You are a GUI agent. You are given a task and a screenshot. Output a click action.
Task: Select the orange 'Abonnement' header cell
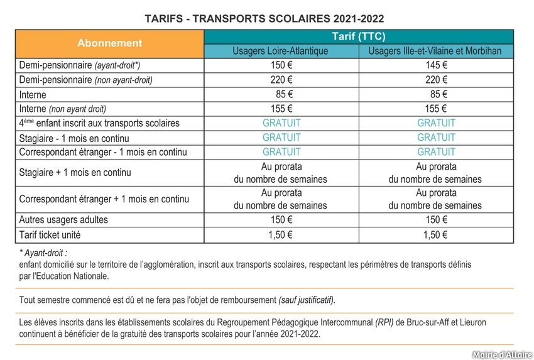(109, 43)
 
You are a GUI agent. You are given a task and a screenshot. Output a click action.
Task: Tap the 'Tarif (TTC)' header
(358, 36)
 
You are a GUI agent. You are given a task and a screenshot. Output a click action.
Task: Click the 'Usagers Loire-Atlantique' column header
(281, 51)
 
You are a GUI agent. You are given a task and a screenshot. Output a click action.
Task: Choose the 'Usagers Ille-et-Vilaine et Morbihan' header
(435, 51)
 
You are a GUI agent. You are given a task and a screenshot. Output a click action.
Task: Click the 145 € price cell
(435, 65)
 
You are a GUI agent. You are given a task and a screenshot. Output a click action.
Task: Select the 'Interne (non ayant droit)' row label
(63, 109)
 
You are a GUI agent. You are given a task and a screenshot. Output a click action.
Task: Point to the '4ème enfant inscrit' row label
(99, 123)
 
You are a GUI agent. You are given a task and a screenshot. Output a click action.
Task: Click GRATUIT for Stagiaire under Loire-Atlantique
(281, 138)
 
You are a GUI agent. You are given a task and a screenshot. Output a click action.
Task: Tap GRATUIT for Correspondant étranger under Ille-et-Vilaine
(436, 152)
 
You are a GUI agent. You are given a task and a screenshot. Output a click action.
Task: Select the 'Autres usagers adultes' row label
(63, 220)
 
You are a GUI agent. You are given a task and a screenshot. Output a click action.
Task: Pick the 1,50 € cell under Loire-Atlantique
(281, 236)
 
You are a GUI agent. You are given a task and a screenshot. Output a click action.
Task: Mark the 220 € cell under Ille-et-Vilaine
(435, 80)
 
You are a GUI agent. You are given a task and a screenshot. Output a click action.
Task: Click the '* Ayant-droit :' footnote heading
(43, 253)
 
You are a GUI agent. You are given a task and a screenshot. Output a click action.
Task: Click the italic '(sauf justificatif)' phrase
(307, 300)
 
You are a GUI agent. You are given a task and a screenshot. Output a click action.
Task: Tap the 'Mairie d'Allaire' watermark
(501, 354)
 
